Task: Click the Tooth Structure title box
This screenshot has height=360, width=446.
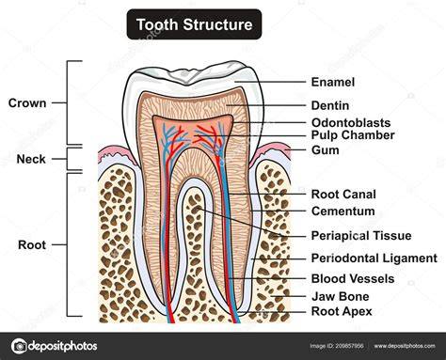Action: click(194, 24)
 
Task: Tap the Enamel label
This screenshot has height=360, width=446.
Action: click(333, 82)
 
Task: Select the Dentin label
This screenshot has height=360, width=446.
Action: click(330, 105)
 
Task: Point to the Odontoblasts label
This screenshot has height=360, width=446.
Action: click(351, 122)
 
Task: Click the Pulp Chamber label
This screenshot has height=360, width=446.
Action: click(353, 135)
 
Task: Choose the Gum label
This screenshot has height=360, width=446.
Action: click(326, 150)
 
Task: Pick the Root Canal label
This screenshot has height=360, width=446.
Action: click(343, 195)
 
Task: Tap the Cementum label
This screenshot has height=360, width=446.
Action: click(342, 211)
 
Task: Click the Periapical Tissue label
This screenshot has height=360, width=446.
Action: click(361, 236)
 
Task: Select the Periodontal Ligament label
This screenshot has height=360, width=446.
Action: click(374, 258)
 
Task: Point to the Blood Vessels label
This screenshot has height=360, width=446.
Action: click(353, 279)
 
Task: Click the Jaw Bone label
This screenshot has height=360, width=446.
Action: click(341, 296)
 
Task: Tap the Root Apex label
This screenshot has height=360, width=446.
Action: click(342, 311)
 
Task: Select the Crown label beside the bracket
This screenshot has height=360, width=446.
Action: click(27, 103)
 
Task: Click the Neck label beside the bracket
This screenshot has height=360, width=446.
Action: click(31, 159)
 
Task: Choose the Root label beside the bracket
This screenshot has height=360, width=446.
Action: click(32, 244)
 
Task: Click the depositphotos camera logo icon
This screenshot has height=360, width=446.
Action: click(19, 346)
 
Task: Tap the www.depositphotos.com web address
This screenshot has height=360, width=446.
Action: click(405, 346)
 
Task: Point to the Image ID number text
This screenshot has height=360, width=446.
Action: click(337, 346)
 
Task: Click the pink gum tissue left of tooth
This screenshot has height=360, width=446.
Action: click(116, 152)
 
